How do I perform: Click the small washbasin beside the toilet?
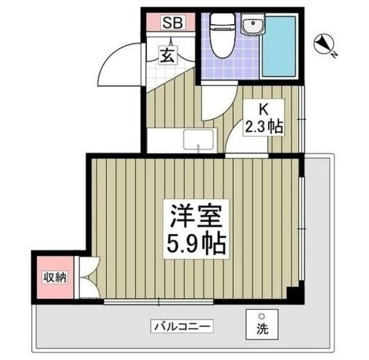click(251, 26)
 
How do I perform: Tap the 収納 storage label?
click(55, 277)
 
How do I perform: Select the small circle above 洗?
click(261, 316)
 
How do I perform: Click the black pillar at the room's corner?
click(294, 294)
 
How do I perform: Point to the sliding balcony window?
click(159, 301)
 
